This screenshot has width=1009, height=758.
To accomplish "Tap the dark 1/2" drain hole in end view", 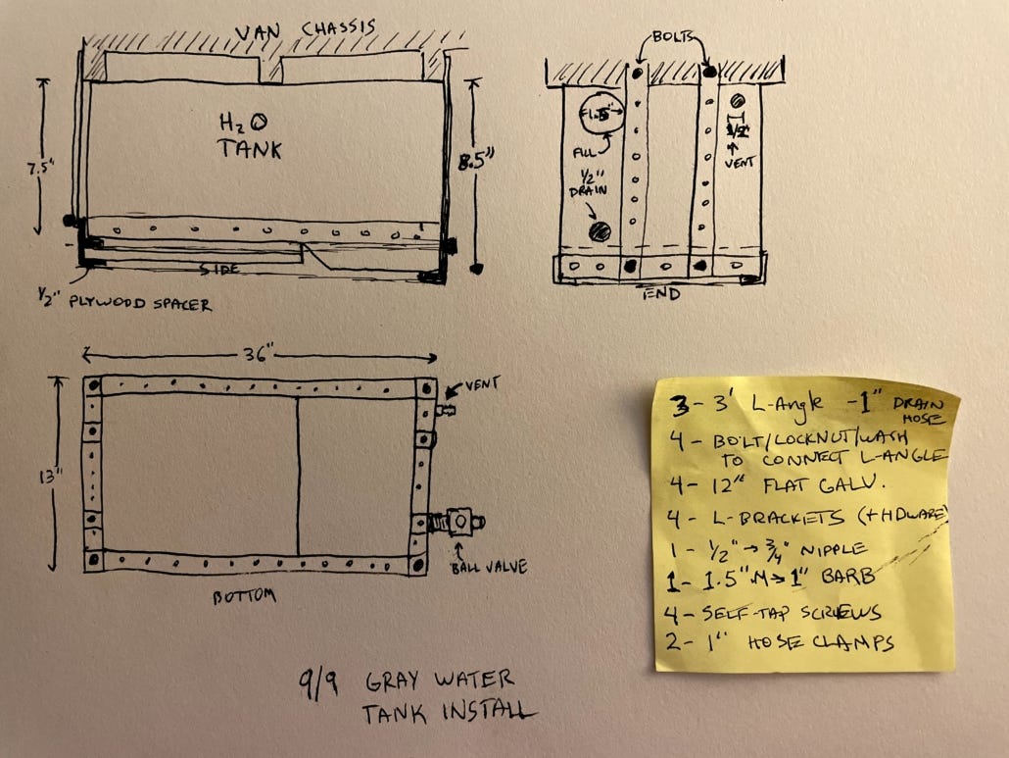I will coord(599,232).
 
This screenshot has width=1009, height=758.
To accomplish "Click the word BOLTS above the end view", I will coord(675,36).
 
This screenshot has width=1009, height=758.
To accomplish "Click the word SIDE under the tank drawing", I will coord(220,268).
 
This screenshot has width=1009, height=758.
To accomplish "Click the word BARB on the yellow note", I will coord(836,576).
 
